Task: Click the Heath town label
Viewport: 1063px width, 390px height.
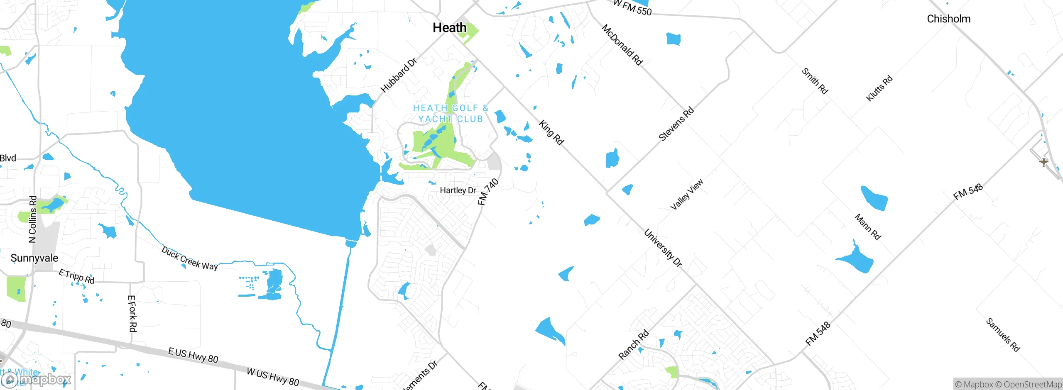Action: click(x=449, y=28)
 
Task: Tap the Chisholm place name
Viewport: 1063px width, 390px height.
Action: click(x=948, y=19)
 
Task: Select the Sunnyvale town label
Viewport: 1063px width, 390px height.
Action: click(x=34, y=258)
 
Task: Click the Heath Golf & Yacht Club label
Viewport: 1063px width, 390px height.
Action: click(x=451, y=113)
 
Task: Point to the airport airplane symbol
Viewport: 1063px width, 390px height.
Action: click(x=1043, y=162)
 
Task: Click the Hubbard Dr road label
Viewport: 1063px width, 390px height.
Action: click(x=399, y=76)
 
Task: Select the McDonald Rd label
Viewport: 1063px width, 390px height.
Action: click(x=622, y=45)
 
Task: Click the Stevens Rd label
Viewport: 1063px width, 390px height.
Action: click(x=676, y=124)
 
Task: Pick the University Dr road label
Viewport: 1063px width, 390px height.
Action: click(x=663, y=248)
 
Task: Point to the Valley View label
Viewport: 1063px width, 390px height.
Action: click(x=687, y=194)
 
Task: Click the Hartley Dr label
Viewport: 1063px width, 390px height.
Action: click(x=458, y=190)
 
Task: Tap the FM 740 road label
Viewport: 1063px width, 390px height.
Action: click(x=487, y=192)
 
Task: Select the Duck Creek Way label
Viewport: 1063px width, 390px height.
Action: click(x=189, y=258)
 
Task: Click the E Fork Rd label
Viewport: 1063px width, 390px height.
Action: click(x=132, y=314)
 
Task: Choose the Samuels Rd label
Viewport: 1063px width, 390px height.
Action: click(x=1003, y=335)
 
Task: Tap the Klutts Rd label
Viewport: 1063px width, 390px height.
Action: click(x=879, y=88)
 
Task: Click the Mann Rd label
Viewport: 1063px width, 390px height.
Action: click(x=867, y=227)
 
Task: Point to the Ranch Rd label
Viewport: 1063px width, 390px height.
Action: click(x=633, y=344)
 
